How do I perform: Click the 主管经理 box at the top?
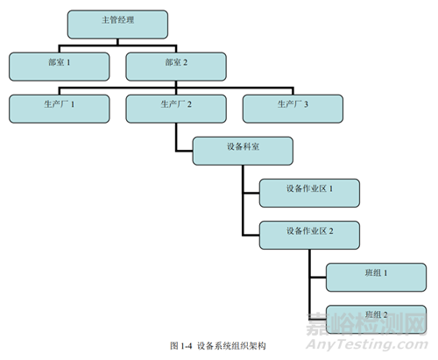tap(117, 25)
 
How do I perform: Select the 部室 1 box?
tap(60, 67)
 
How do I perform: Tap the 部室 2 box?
tap(176, 67)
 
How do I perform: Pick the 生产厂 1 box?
tap(60, 109)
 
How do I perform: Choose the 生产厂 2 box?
tap(176, 109)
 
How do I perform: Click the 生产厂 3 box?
tap(293, 109)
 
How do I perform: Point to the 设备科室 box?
tap(243, 151)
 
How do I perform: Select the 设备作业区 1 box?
tap(309, 193)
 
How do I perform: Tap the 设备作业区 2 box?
tap(309, 235)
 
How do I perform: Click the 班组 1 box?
tap(376, 278)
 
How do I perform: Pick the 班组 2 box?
tap(376, 320)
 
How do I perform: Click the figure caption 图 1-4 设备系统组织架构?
tap(218, 346)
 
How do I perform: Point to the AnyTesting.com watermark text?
tap(367, 344)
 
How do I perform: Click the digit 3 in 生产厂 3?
tap(306, 104)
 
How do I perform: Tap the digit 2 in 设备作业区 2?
tap(331, 231)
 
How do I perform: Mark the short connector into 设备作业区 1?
tap(251, 193)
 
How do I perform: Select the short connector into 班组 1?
tap(318, 278)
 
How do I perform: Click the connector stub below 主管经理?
tap(117, 42)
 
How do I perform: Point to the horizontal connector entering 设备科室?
tap(184, 151)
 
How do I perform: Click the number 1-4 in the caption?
tap(187, 346)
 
